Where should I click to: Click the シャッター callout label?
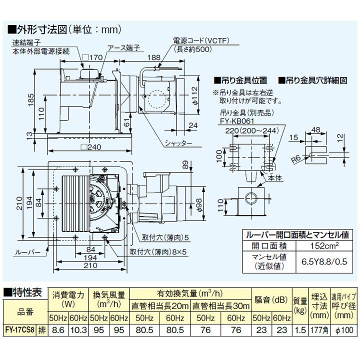[x=177, y=143]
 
